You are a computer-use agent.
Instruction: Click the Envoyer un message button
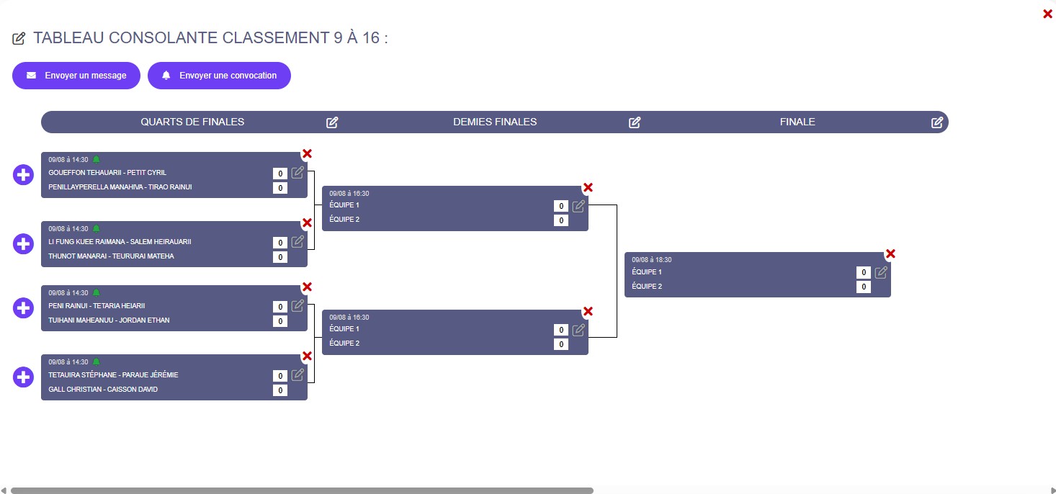click(x=76, y=76)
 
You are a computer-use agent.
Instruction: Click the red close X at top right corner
click(x=1047, y=14)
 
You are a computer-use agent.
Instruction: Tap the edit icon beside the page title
click(x=19, y=38)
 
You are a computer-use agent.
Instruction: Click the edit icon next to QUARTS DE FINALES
click(x=332, y=122)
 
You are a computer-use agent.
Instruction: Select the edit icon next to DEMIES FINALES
click(x=635, y=122)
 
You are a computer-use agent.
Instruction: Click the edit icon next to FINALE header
click(x=937, y=122)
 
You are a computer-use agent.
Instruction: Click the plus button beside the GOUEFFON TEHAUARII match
click(x=24, y=174)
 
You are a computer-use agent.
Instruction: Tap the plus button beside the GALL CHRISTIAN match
click(x=24, y=377)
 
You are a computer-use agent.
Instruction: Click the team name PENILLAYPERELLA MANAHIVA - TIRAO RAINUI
click(x=120, y=187)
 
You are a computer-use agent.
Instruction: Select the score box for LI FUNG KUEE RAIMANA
click(x=280, y=243)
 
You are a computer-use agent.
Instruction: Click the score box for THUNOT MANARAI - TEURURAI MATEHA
click(x=280, y=257)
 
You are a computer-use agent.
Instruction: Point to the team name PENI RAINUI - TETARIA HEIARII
click(x=97, y=306)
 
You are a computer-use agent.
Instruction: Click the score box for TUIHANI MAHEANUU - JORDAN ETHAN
click(x=280, y=321)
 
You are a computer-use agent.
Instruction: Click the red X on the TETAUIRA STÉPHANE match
click(x=307, y=356)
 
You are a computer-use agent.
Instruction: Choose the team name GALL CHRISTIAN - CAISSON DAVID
click(x=103, y=390)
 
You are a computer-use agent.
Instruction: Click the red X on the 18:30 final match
click(x=890, y=253)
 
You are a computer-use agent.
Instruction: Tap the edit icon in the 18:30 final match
click(x=881, y=272)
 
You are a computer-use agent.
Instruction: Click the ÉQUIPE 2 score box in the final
click(x=864, y=287)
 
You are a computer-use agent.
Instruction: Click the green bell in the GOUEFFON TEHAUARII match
click(x=96, y=159)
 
